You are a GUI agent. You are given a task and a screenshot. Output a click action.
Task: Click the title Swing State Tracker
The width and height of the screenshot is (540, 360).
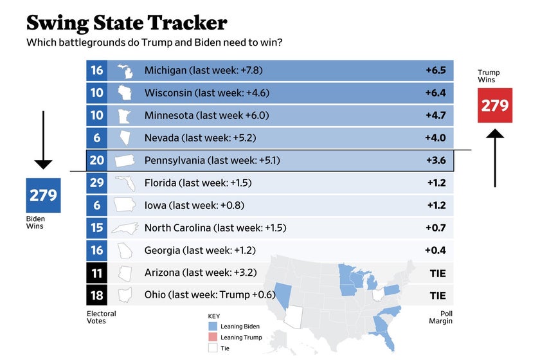127,22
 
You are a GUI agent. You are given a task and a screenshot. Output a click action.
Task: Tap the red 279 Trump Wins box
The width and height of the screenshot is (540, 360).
495,105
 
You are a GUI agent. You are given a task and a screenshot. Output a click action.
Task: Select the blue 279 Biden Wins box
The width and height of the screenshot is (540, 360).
43,195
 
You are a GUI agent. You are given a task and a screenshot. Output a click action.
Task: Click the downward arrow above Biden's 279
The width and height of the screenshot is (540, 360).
43,139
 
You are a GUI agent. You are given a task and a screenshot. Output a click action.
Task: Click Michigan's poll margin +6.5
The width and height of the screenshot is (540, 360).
435,70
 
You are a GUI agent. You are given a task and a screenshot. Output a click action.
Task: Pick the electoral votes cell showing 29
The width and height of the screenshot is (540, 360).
96,183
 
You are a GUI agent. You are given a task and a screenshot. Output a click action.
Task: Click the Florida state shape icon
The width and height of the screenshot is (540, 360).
125,184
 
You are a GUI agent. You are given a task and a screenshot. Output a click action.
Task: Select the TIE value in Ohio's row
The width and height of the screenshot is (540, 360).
437,296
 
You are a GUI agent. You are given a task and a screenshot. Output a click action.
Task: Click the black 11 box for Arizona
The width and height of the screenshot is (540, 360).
96,273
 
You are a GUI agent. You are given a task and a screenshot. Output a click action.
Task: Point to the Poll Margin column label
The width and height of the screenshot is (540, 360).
442,318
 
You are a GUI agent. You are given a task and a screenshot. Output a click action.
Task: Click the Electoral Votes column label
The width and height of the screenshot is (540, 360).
102,318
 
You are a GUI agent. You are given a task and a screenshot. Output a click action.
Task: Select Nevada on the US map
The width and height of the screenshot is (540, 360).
282,293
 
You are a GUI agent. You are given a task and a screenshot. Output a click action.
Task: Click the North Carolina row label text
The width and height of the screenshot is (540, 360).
215,228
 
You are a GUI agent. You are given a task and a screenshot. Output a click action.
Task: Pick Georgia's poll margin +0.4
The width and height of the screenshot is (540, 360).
435,250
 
